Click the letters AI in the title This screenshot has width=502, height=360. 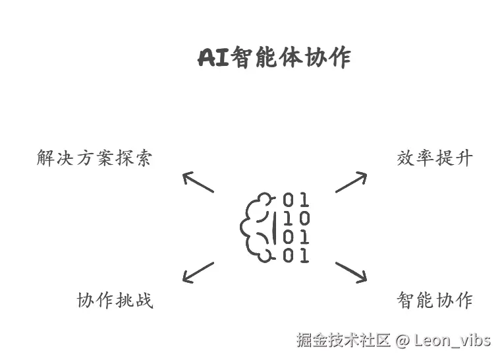(213, 58)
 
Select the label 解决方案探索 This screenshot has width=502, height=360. (94, 159)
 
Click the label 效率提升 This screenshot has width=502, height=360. (435, 158)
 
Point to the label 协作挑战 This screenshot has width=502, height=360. (115, 301)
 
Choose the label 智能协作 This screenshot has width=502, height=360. (435, 301)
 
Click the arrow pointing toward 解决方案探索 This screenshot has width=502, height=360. (198, 181)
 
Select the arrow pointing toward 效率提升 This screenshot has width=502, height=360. (350, 181)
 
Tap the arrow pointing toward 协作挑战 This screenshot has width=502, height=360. (198, 272)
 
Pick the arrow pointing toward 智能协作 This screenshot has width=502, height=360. (350, 272)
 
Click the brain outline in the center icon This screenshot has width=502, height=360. (257, 227)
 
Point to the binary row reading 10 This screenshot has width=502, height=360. (296, 218)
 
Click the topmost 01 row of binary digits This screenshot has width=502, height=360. (296, 200)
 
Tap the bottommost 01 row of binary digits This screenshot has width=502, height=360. (296, 256)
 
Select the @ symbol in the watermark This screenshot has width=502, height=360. (403, 340)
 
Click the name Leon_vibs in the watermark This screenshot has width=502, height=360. (453, 340)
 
